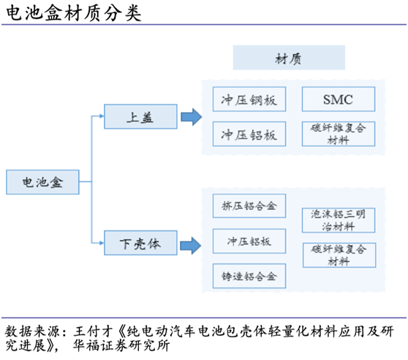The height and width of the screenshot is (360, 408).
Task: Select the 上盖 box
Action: [x=140, y=116]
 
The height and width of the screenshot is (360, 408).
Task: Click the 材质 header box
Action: [x=288, y=58]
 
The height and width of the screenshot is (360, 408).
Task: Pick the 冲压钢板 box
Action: [x=249, y=100]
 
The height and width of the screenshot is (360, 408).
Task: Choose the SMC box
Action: [x=338, y=100]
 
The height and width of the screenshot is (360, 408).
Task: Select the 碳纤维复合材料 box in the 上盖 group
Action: [x=338, y=133]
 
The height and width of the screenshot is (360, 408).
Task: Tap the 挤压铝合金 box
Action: [x=249, y=206]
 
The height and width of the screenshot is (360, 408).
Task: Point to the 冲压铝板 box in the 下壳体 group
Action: [x=249, y=241]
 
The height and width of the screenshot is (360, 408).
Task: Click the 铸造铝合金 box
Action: [x=249, y=277]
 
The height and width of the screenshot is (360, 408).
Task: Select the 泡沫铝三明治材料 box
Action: [x=338, y=220]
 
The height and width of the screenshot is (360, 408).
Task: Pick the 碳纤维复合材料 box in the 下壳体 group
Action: [x=338, y=255]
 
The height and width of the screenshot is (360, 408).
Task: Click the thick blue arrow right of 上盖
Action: [x=191, y=116]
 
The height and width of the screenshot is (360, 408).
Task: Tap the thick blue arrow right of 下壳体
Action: [x=191, y=242]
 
